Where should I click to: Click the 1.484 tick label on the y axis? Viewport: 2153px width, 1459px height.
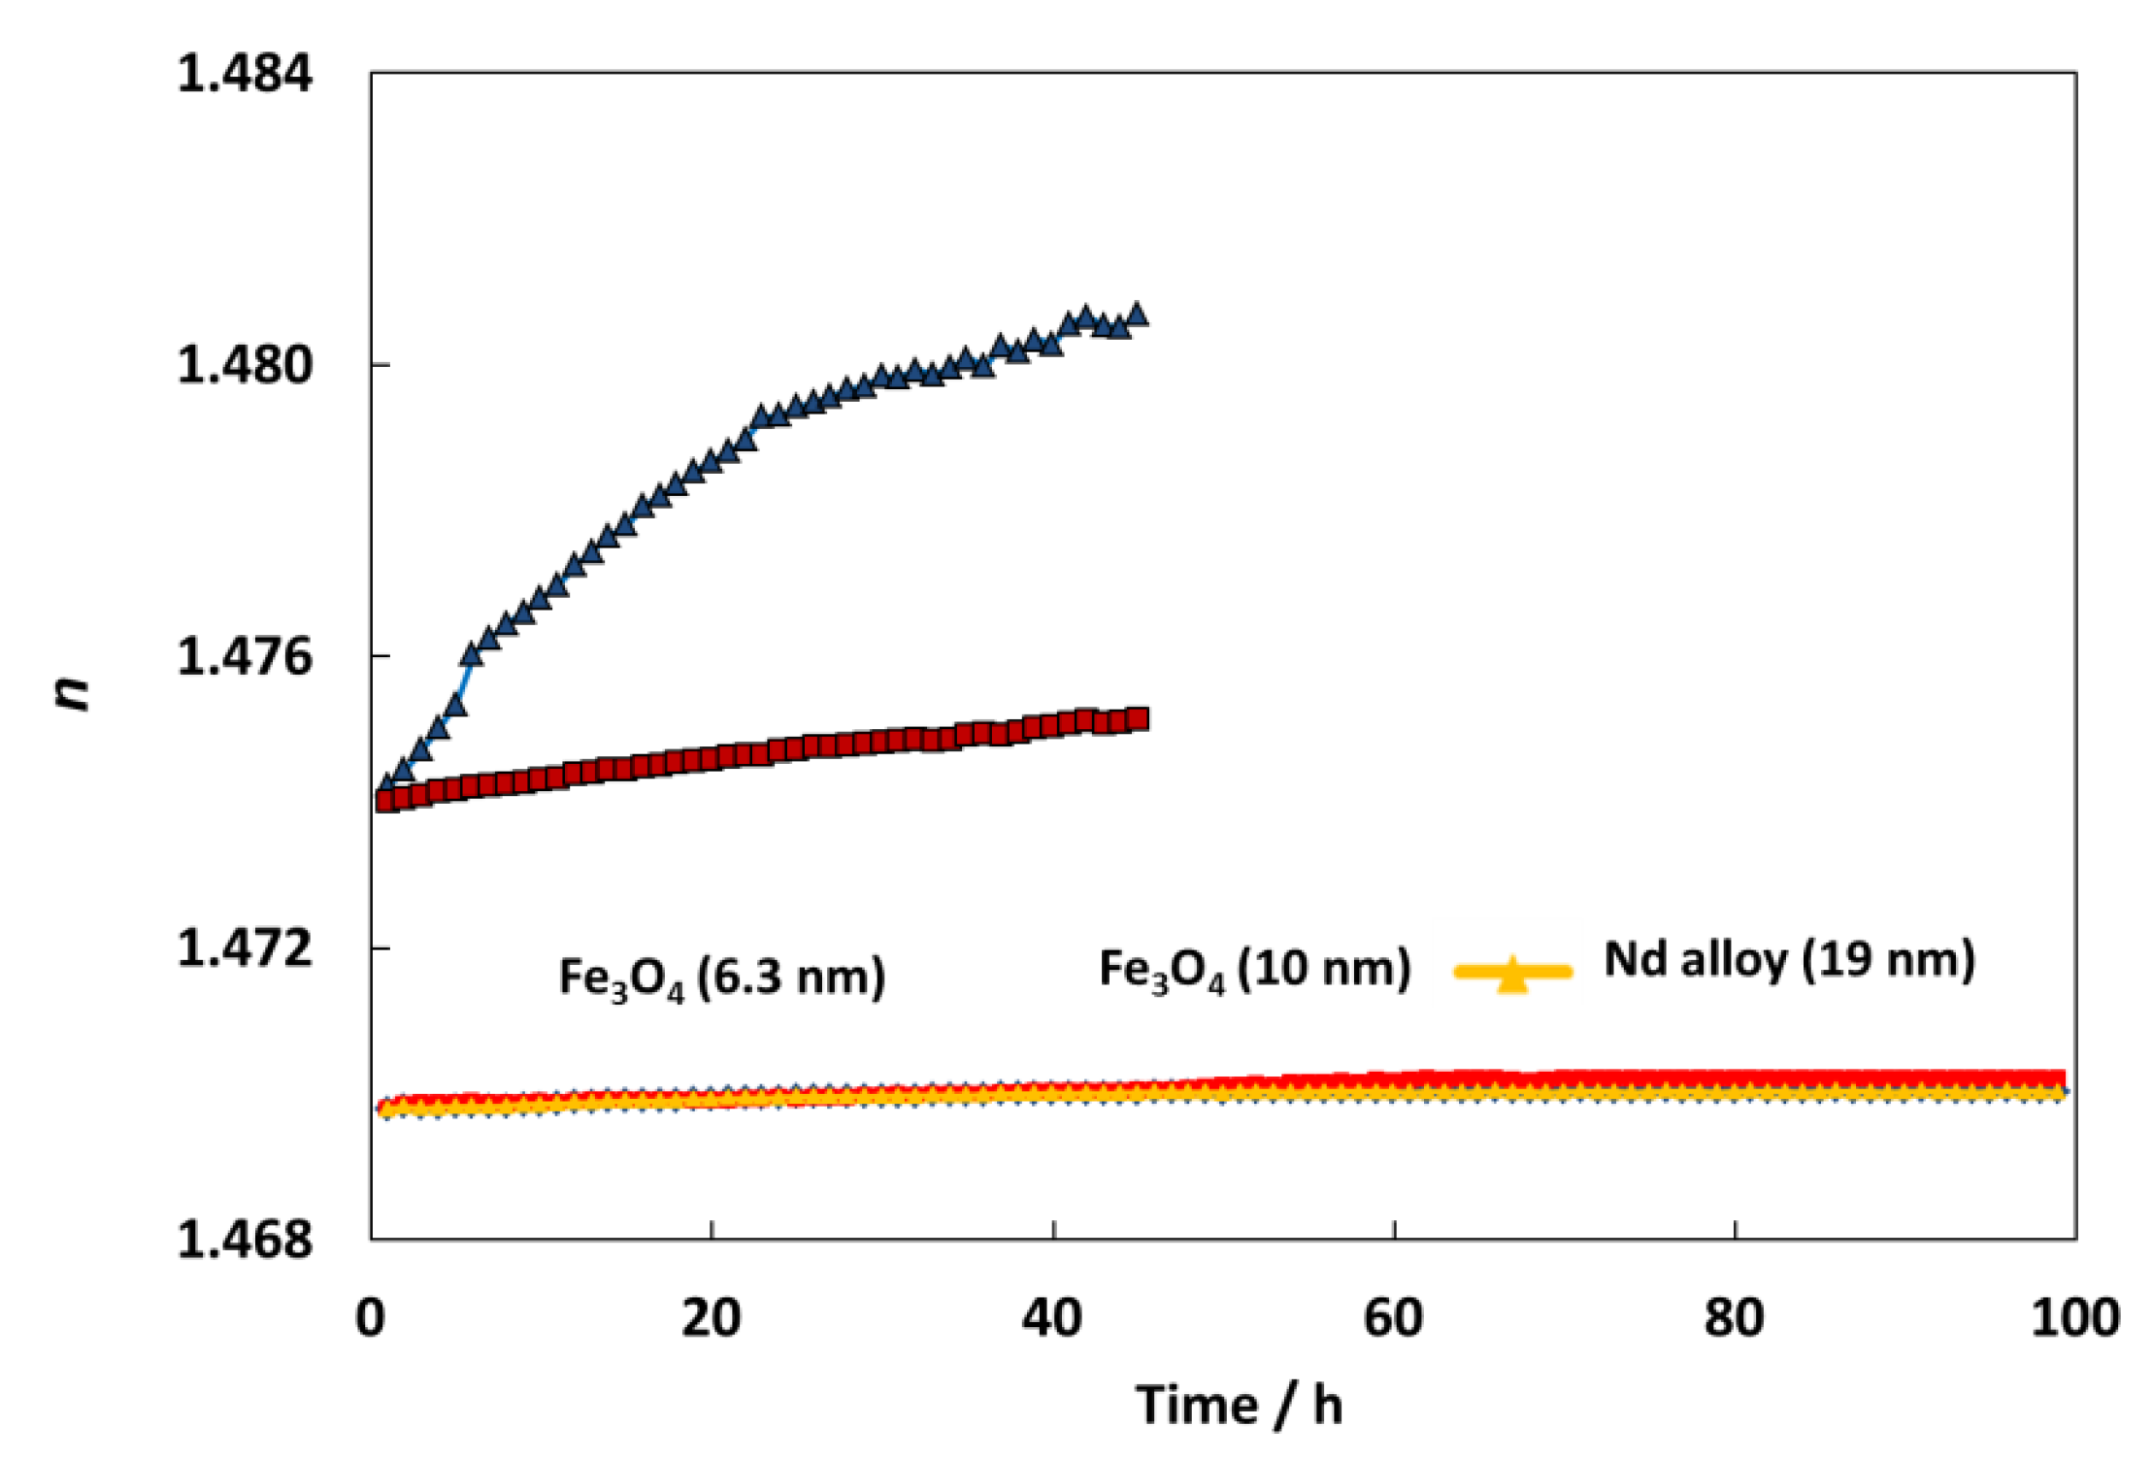coord(245,74)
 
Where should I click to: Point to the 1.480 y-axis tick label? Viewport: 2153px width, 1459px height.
coord(245,365)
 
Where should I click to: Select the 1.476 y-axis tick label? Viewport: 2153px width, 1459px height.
coord(245,657)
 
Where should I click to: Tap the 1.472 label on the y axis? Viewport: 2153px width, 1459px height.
coord(245,948)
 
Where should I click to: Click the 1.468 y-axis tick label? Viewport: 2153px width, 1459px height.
coord(245,1240)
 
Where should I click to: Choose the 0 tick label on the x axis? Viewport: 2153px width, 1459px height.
coord(370,1318)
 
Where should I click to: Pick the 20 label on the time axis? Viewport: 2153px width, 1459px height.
coord(712,1318)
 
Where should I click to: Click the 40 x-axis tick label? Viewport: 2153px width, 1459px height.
coord(1053,1318)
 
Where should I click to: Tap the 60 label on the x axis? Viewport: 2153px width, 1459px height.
coord(1394,1318)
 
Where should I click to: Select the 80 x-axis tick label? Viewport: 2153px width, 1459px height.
coord(1735,1318)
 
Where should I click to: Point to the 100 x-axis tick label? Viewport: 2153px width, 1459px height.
coord(2075,1318)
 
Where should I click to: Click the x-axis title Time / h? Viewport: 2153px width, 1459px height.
coord(1240,1405)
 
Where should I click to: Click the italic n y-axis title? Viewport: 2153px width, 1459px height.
coord(72,691)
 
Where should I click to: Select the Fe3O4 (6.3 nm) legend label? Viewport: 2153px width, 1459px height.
coord(722,978)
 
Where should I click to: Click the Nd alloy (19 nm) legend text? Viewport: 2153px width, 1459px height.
coord(1790,960)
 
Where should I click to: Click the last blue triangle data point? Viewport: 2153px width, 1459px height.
coord(1137,315)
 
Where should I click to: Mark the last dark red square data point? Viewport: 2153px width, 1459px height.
coord(1138,719)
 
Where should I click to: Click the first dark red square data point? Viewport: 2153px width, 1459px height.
coord(386,801)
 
